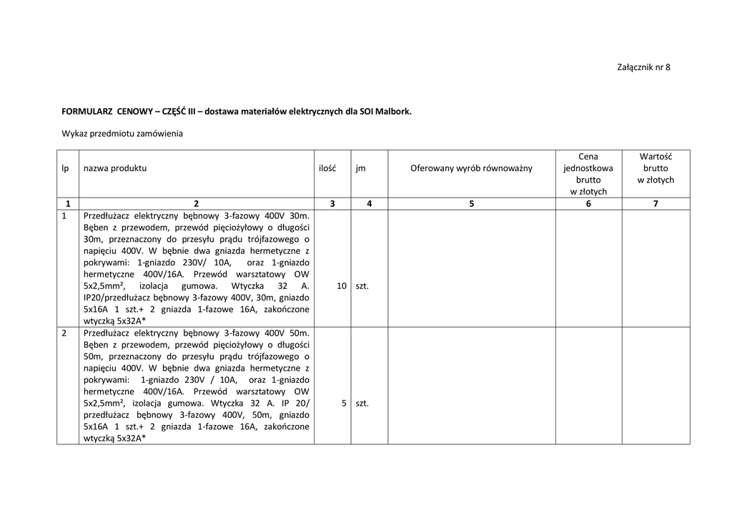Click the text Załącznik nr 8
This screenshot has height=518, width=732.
coord(643,67)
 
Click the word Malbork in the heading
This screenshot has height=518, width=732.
coord(395,112)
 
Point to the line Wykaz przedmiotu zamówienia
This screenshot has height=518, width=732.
coord(122,133)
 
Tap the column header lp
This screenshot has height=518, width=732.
coord(65,168)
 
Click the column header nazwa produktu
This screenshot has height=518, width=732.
coord(115,168)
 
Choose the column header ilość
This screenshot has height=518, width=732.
coord(327,168)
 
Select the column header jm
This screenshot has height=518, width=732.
coord(360,168)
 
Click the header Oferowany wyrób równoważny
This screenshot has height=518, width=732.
coord(472,168)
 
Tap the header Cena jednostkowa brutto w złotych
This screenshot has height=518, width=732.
coord(588,174)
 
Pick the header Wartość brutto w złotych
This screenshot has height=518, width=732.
coord(656,168)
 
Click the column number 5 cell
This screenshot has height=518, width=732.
coord(472,204)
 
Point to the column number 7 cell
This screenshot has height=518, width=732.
coord(656,204)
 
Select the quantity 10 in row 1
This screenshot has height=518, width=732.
coord(341,285)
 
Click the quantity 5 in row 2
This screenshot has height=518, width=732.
coord(344,403)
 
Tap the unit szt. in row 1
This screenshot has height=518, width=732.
coord(362,285)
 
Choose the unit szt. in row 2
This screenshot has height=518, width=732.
coord(362,403)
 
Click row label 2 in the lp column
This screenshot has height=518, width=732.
coord(65,333)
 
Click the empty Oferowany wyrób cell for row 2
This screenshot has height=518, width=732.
coord(472,386)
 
